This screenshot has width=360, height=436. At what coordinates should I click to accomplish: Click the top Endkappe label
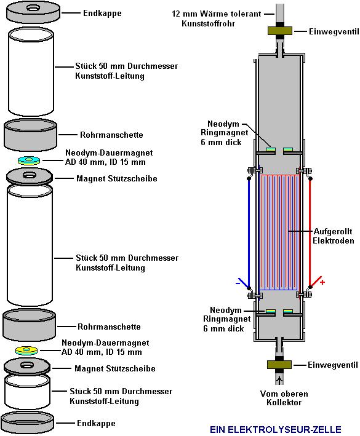point(102,13)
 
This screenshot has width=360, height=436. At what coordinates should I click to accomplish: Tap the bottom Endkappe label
point(96,423)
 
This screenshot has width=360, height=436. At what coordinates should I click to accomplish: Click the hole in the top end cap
point(33,8)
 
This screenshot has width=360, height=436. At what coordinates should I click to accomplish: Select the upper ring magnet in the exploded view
point(29,161)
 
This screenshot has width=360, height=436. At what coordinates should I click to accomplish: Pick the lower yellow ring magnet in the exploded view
point(26,351)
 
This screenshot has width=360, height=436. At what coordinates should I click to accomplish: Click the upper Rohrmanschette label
point(111,135)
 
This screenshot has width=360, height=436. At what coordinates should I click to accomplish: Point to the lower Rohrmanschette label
point(109,327)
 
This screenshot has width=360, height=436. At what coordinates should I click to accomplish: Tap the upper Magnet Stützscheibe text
point(117,178)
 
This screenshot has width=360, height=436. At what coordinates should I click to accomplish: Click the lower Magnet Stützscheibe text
point(115,368)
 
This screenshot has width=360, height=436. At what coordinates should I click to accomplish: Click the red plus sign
point(322,282)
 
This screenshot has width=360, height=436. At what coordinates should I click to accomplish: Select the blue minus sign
point(238,283)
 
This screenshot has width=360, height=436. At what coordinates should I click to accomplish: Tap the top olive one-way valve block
point(280,31)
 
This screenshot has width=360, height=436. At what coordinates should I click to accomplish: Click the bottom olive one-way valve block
point(279,364)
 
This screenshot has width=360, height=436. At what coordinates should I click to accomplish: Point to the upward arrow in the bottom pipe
point(279,379)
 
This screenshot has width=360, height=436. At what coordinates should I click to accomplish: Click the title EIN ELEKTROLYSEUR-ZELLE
point(276,429)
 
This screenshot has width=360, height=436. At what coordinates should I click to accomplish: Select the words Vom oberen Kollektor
point(284,398)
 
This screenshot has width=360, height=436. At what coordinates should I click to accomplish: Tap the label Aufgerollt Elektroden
point(334,236)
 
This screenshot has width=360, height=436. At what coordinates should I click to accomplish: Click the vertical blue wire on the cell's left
point(249,233)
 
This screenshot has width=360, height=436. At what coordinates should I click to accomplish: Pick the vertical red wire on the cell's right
point(310,232)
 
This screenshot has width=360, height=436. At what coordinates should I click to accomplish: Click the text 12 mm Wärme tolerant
point(217,14)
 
